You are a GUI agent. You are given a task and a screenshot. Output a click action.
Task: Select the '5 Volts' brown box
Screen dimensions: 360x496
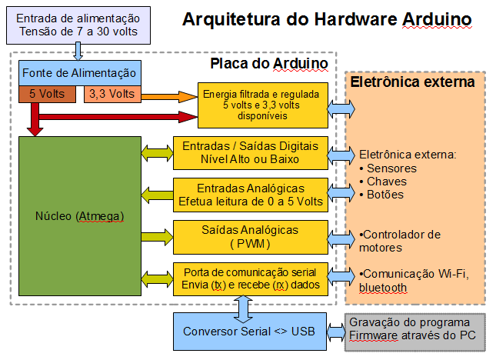pos(47,95)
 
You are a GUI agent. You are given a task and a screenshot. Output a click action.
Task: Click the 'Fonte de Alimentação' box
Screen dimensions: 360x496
pos(80,73)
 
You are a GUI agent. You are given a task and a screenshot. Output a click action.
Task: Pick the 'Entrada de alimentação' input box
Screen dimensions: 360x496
pos(78,25)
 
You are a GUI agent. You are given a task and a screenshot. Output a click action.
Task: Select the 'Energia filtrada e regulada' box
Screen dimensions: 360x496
pos(262,105)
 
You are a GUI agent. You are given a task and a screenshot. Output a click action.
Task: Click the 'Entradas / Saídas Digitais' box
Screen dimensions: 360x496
pos(250,154)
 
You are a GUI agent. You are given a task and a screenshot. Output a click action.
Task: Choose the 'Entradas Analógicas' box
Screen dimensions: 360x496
pos(250,195)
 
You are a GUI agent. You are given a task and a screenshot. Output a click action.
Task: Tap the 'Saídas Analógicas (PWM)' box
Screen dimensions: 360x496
pos(250,237)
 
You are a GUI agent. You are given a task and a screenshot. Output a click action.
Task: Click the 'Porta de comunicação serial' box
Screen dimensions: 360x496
pos(250,278)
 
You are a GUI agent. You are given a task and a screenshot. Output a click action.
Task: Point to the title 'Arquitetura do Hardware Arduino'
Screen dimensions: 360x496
pos(328,18)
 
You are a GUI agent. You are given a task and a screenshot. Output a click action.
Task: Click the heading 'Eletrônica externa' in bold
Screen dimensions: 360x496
pos(412,82)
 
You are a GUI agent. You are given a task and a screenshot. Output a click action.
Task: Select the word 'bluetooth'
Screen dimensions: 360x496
pos(382,287)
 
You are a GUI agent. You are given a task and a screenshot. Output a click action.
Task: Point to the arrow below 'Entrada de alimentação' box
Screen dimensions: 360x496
pos(78,51)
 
